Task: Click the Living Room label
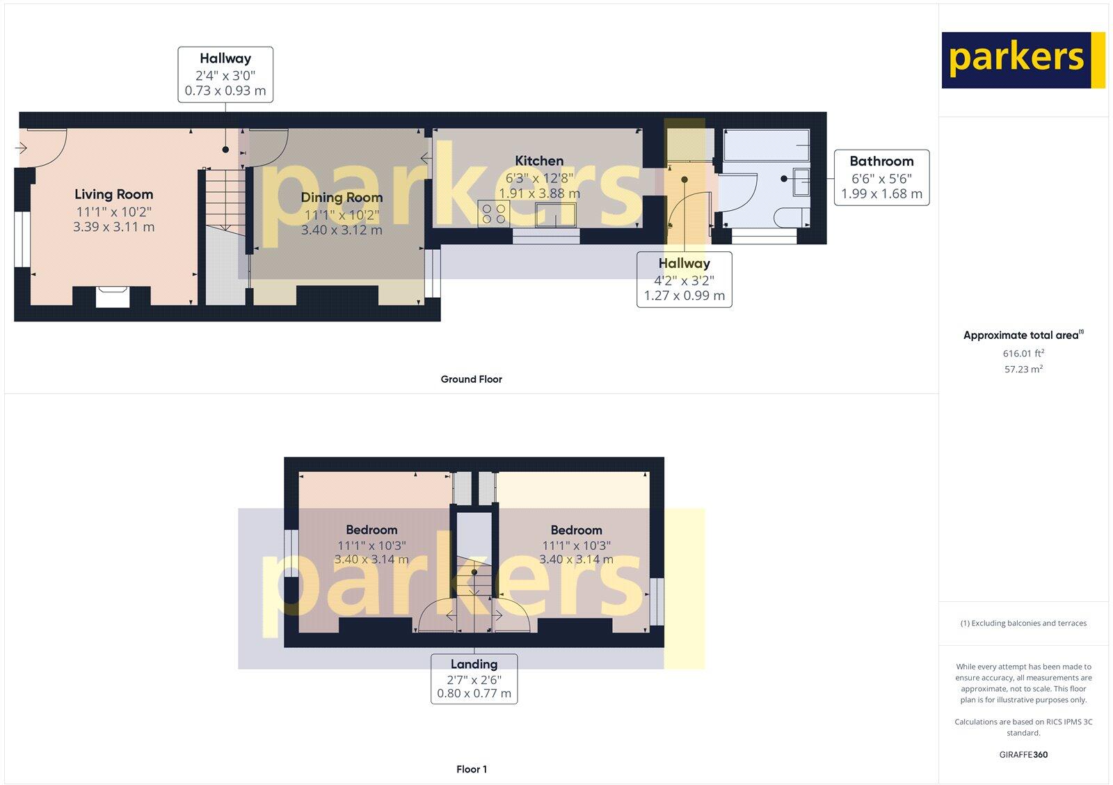(x=113, y=195)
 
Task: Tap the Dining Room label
(x=342, y=198)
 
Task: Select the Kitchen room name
(x=539, y=161)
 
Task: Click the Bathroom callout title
(x=881, y=161)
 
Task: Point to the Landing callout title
(x=474, y=665)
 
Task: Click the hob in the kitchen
(x=493, y=213)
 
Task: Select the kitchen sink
(x=556, y=214)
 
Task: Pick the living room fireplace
(x=112, y=296)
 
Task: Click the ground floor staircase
(x=225, y=202)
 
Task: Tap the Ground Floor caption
(x=471, y=379)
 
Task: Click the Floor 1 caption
(x=472, y=770)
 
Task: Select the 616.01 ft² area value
(x=1023, y=354)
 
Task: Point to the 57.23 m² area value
(x=1023, y=370)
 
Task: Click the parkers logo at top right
(x=1023, y=60)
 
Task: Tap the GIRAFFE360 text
(x=1023, y=754)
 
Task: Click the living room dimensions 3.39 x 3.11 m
(x=113, y=227)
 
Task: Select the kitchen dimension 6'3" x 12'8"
(x=539, y=178)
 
